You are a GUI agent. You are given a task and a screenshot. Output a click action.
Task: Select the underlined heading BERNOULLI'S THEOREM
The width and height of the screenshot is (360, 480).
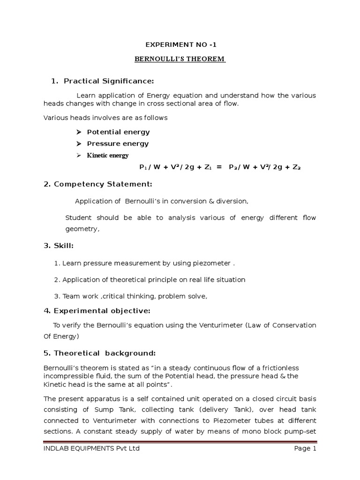point(180,59)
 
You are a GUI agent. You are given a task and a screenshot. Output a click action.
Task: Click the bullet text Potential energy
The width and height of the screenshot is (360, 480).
point(118,132)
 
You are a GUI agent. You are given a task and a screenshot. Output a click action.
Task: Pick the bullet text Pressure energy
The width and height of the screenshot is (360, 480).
point(118,143)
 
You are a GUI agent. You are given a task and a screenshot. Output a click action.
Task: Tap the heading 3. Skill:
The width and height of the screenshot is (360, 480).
point(59,246)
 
